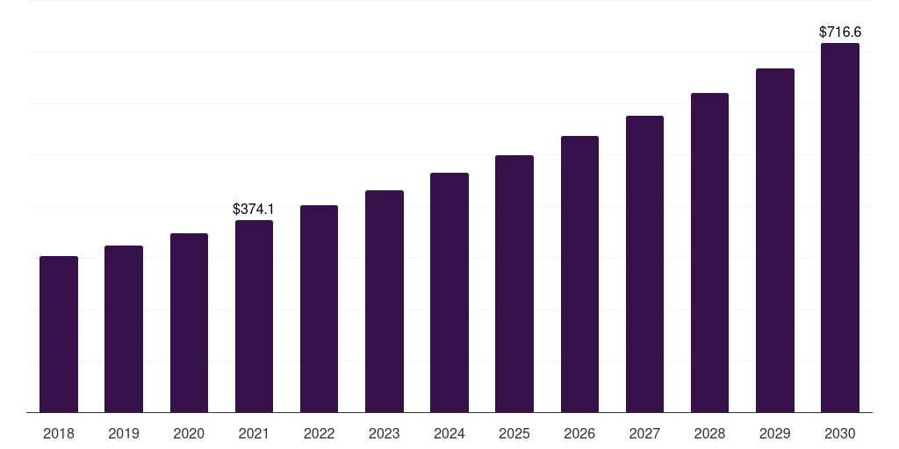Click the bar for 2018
(x=59, y=334)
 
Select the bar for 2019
(x=124, y=329)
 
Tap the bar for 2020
(x=189, y=323)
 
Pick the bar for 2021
(x=254, y=316)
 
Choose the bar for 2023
(x=385, y=301)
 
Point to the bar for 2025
(x=514, y=283)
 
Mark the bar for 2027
(x=644, y=264)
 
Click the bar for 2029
(x=775, y=240)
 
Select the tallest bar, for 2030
(x=840, y=227)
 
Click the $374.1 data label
(x=254, y=209)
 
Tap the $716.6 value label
(x=840, y=32)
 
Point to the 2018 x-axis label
(x=59, y=433)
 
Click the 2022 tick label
(x=319, y=433)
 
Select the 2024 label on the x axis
(x=449, y=433)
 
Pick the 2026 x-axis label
(x=579, y=433)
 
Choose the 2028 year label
(x=709, y=433)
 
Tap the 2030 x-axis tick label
(x=840, y=433)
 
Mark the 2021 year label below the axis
(x=254, y=433)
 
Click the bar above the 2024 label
(x=449, y=292)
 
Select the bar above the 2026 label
(x=579, y=274)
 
